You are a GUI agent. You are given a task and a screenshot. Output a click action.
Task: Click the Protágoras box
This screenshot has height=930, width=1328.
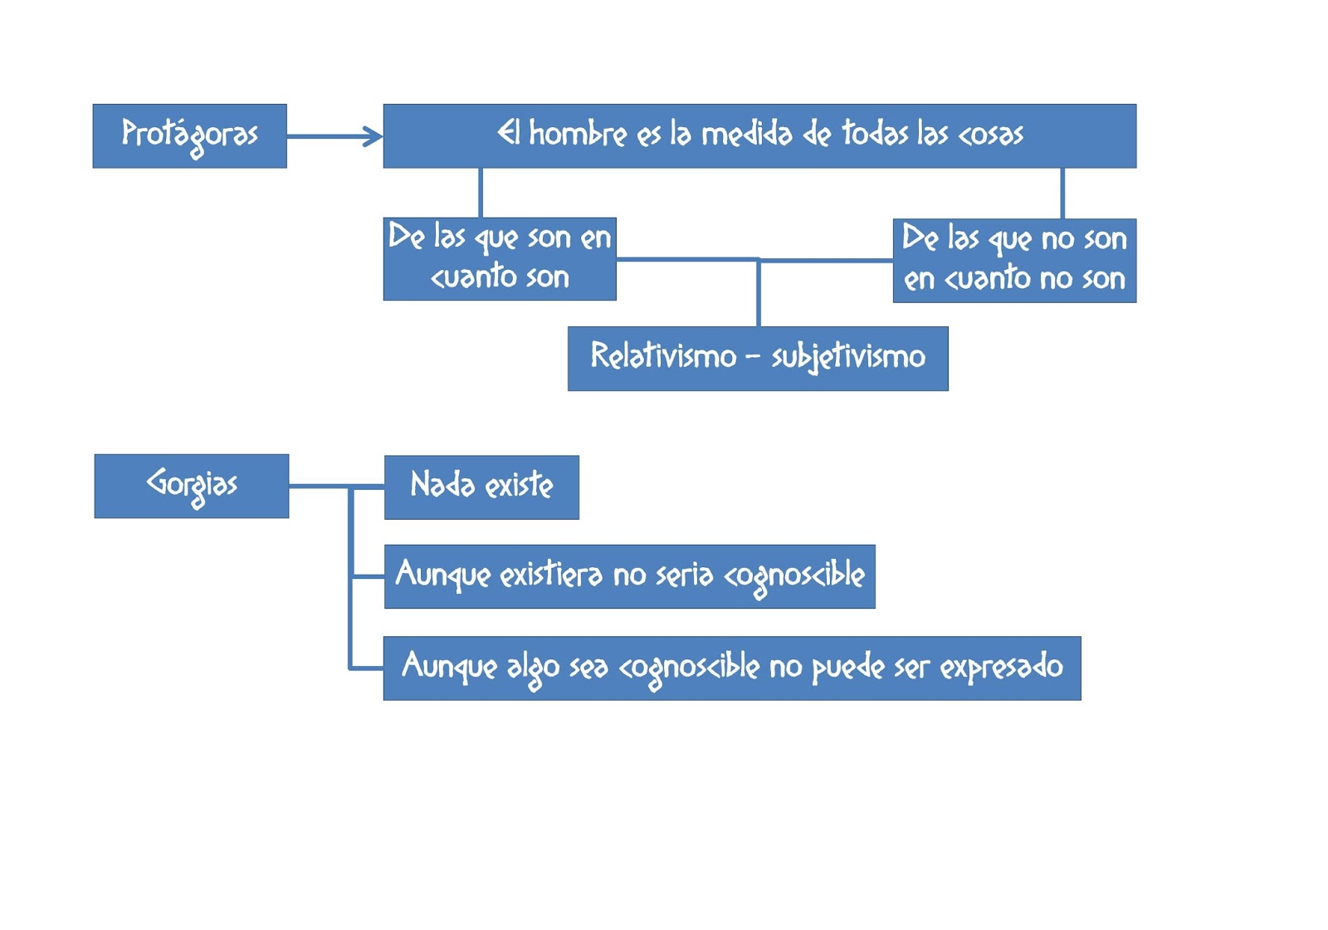(189, 135)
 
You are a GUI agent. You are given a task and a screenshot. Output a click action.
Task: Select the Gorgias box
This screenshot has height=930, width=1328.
(192, 486)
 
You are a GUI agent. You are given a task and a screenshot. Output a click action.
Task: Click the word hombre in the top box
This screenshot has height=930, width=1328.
(578, 134)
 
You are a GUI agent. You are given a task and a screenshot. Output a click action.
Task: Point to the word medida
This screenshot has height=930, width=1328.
(747, 134)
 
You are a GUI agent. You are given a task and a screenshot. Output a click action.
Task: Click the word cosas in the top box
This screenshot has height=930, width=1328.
(991, 135)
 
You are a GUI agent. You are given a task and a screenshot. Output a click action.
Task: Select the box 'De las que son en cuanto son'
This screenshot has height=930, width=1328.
(500, 258)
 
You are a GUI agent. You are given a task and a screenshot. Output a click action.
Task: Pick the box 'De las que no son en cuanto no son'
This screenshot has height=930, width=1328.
(1014, 260)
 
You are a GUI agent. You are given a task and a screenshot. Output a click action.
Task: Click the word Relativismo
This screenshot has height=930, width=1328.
(663, 356)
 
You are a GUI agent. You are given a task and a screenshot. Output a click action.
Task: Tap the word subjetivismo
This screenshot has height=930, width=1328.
(848, 357)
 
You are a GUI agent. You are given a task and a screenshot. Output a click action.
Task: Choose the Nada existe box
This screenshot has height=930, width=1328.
(481, 487)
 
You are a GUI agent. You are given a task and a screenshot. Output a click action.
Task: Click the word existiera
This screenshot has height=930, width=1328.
(551, 575)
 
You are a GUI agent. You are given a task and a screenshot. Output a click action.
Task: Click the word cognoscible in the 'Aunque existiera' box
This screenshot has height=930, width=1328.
(794, 575)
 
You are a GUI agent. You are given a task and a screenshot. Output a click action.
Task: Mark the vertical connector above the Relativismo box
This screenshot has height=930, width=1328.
(759, 292)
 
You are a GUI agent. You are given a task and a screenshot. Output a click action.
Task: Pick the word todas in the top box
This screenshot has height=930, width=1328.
(875, 134)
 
